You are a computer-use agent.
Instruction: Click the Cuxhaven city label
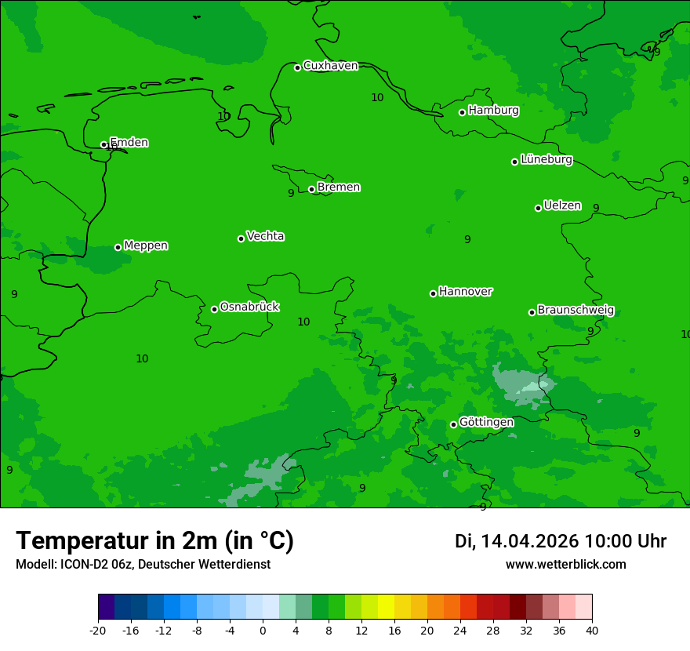(330, 66)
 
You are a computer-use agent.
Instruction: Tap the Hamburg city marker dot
(463, 112)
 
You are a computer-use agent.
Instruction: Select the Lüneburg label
(547, 160)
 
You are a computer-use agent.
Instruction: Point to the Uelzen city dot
(539, 208)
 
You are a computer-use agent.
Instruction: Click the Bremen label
(339, 187)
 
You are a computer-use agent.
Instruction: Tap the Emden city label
(129, 143)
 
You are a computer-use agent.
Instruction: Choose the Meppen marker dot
(118, 247)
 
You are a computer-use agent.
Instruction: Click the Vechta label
(265, 236)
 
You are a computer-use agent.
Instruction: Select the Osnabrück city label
(249, 307)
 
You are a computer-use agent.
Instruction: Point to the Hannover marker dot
(433, 293)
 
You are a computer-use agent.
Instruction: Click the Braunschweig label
(576, 311)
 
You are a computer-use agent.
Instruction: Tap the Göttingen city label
(486, 423)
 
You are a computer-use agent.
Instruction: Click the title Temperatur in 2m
(154, 541)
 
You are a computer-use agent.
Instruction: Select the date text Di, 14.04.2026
(517, 541)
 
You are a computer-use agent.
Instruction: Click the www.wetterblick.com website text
(565, 565)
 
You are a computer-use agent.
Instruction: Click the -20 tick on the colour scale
(98, 631)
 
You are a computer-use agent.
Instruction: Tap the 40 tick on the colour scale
(592, 631)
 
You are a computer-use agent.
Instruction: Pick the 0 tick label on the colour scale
(263, 631)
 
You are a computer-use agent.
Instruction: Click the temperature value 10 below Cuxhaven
(377, 98)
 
